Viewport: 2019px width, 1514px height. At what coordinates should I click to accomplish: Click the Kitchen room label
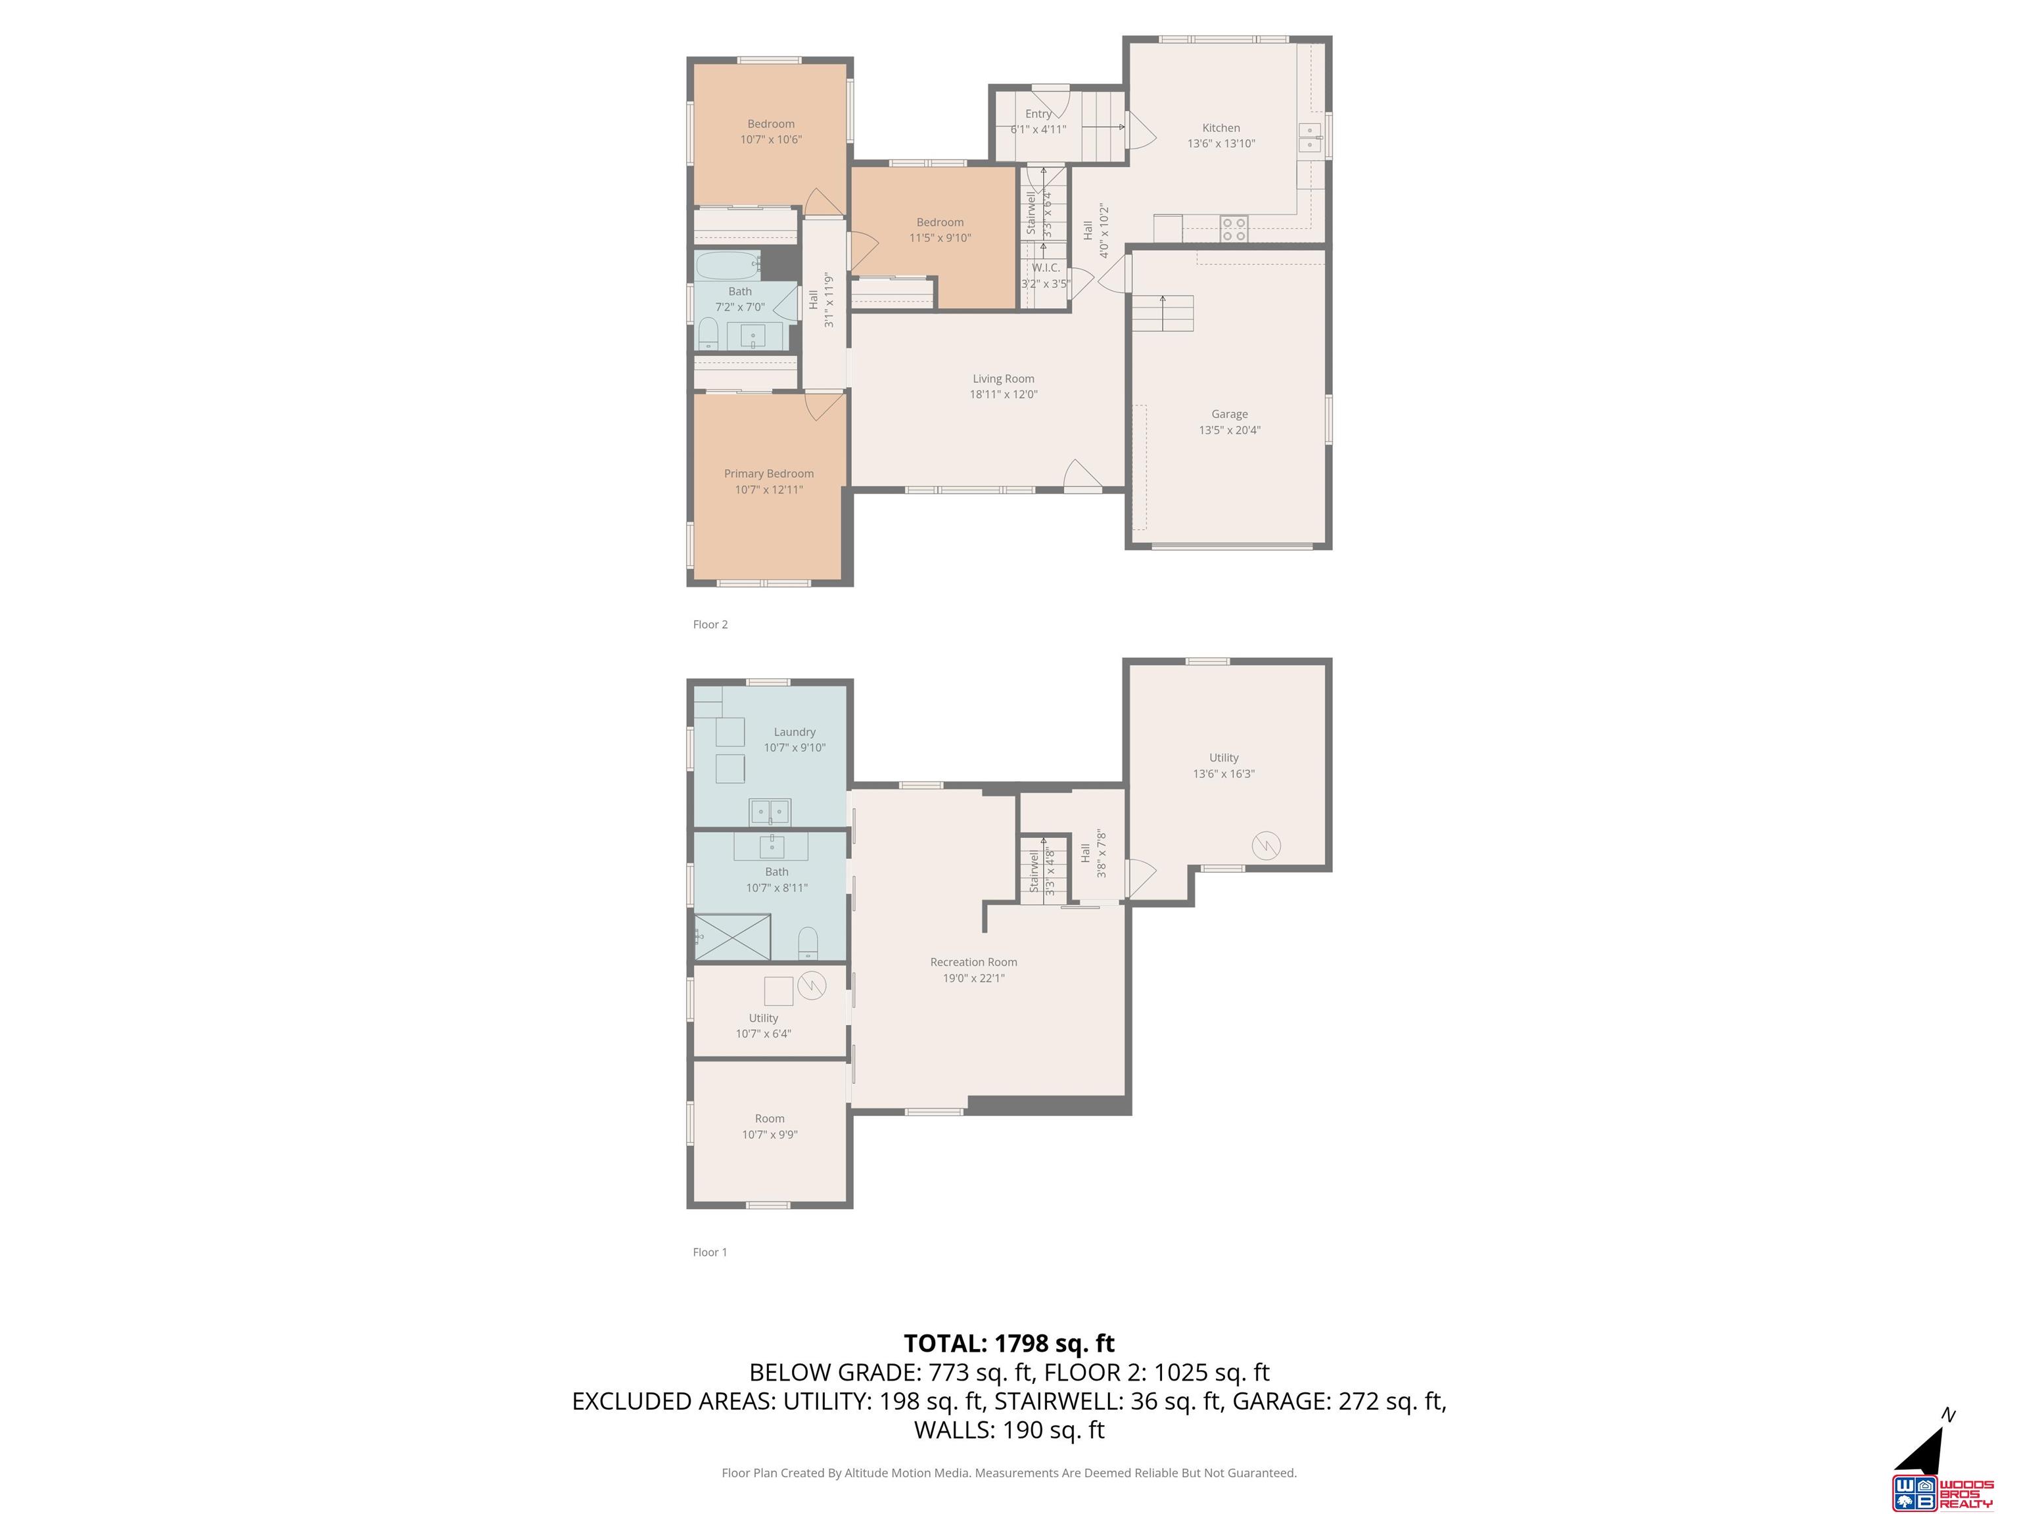coord(1220,127)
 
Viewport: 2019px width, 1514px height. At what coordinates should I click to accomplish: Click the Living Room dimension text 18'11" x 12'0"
coord(1003,395)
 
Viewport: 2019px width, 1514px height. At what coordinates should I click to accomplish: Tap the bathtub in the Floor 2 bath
coord(728,265)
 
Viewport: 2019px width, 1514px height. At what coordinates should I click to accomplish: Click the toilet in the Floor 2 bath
coord(707,334)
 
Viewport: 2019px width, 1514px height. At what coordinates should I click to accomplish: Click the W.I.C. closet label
coord(1046,267)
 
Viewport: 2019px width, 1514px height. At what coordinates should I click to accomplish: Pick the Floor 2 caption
coord(710,624)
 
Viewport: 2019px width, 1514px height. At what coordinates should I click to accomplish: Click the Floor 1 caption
coord(710,1252)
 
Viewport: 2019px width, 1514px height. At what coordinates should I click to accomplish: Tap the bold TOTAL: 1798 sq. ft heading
coord(1009,1343)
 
